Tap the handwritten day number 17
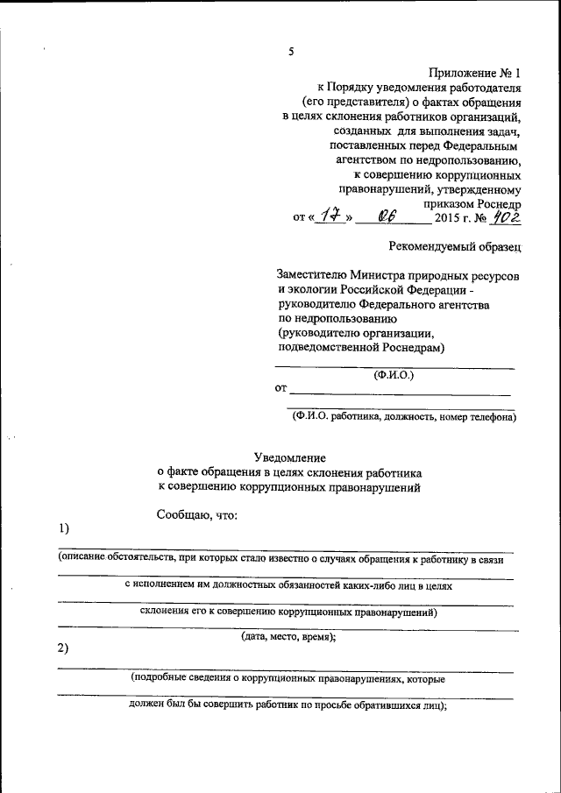tap(329, 214)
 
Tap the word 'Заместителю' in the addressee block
tap(313, 274)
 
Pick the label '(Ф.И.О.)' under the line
tap(394, 375)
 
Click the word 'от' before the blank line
tap(281, 388)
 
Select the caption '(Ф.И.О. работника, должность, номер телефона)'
tap(405, 418)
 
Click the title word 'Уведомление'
tap(290, 457)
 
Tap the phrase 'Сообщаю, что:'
tap(197, 513)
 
